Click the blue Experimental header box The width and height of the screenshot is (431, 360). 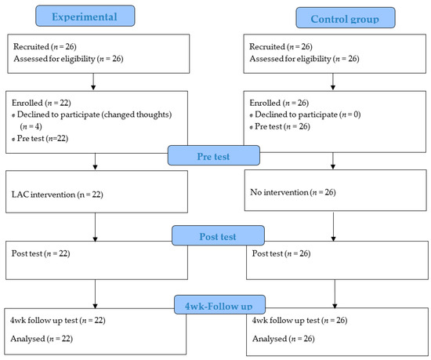click(85, 16)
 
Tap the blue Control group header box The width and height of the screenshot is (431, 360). click(346, 18)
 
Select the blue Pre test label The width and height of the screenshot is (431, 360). click(214, 155)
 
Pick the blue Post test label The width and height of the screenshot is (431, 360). click(218, 236)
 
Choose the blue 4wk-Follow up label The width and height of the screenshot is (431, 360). click(219, 305)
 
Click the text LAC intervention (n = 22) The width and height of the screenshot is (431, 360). click(57, 195)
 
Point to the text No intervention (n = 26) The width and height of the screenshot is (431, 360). click(293, 192)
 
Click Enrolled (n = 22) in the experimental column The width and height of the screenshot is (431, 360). click(42, 103)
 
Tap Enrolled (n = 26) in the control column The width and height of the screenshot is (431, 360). click(279, 103)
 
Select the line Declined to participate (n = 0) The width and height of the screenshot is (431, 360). click(305, 115)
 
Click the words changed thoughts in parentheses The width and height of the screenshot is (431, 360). click(136, 115)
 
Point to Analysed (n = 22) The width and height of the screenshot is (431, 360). click(42, 339)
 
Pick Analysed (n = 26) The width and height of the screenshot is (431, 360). click(284, 339)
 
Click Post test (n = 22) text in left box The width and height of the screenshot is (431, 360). click(41, 253)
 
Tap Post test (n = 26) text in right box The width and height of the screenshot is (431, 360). click(281, 253)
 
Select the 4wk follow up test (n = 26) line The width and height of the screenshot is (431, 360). click(299, 321)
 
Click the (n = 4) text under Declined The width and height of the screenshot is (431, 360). click(31, 126)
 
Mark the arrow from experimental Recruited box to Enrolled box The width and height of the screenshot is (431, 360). click(93, 82)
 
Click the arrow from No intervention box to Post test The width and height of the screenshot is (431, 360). click(333, 227)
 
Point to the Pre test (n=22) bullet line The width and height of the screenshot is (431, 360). click(40, 138)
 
